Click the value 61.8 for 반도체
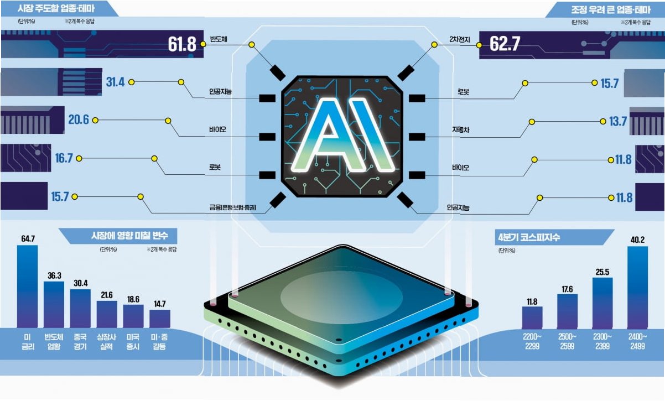click(182, 44)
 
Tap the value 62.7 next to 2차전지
click(505, 44)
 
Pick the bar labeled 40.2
click(637, 287)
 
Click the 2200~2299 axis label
click(532, 341)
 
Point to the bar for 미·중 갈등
click(160, 319)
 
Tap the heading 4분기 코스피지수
click(528, 239)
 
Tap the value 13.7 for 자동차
click(617, 122)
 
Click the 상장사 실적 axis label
click(107, 341)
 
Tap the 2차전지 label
click(459, 40)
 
